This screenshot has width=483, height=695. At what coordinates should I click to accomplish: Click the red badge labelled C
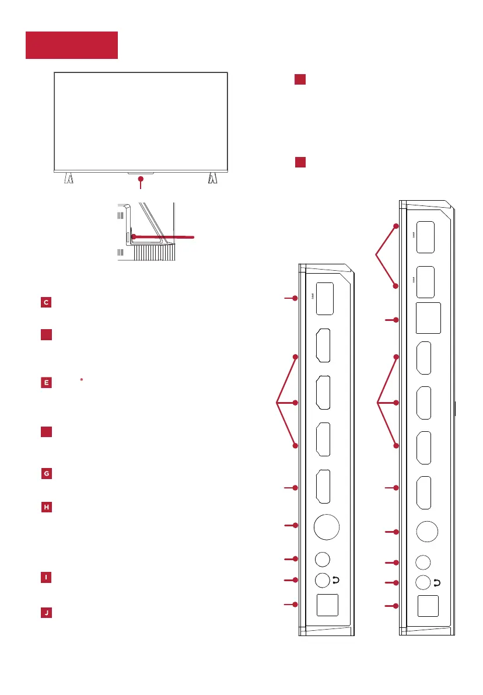[45, 302]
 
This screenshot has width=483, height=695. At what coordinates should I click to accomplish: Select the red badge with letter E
[45, 383]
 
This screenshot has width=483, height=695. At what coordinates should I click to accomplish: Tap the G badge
[45, 474]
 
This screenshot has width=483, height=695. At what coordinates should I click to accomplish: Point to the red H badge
[45, 507]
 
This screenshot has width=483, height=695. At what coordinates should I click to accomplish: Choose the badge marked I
[45, 577]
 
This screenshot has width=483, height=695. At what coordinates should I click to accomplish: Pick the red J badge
[45, 613]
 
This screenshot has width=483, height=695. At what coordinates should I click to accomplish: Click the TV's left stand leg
[69, 177]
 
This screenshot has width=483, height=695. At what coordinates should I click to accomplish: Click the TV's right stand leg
[212, 177]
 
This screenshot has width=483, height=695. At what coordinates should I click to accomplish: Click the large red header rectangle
[72, 46]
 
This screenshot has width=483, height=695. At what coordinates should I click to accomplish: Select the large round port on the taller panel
[428, 531]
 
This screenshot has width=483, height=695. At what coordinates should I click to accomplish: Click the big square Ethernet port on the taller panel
[428, 319]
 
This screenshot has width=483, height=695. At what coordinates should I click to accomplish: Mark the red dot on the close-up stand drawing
[134, 236]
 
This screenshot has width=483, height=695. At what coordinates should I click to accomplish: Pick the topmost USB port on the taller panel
[426, 236]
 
